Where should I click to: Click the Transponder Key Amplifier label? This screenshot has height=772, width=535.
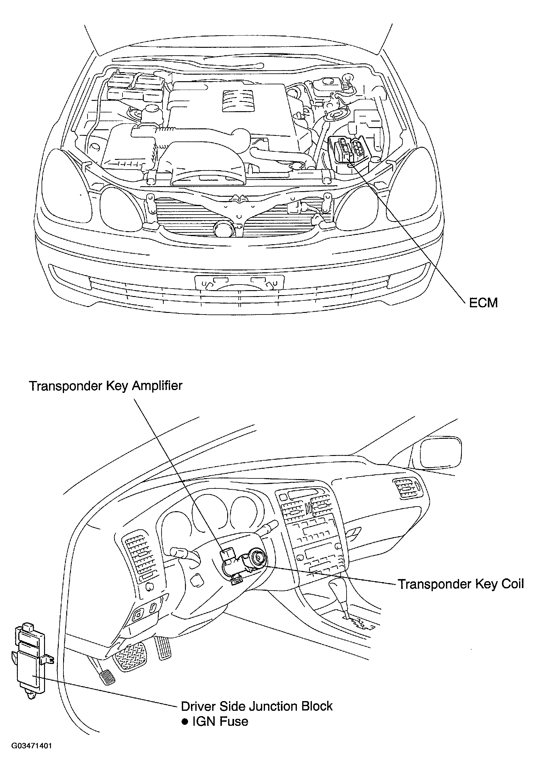pyautogui.click(x=105, y=386)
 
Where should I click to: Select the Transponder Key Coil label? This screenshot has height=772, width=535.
pyautogui.click(x=461, y=584)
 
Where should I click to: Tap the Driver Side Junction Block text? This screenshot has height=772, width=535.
pyautogui.click(x=257, y=706)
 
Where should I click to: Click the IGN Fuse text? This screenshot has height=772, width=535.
pyautogui.click(x=220, y=721)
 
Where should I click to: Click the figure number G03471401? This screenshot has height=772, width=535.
pyautogui.click(x=32, y=753)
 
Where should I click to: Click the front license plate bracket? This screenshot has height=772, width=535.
pyautogui.click(x=239, y=282)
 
